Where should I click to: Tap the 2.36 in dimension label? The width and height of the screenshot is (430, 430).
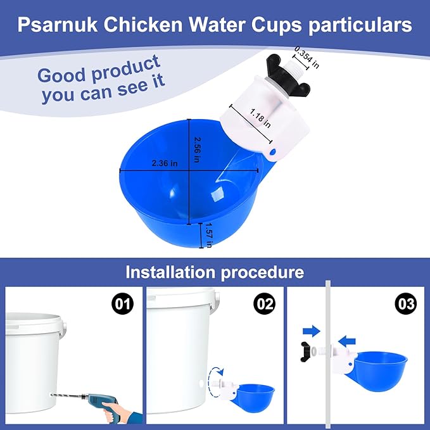(x=165, y=162)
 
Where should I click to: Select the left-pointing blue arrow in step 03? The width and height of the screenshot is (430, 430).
(x=348, y=341)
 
